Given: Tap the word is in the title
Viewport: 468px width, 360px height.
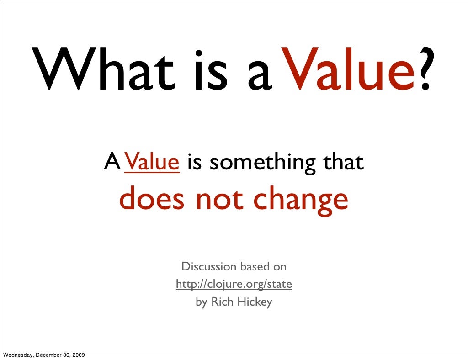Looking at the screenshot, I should coord(206,71).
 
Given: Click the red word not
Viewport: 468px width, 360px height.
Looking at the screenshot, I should coord(219,200).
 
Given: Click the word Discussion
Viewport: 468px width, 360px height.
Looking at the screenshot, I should coord(209,266).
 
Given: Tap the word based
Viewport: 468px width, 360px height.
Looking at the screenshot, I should coord(255,266).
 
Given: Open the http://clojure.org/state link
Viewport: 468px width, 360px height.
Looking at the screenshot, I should coord(234,284).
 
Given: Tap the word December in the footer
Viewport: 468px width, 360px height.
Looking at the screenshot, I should coord(50,355).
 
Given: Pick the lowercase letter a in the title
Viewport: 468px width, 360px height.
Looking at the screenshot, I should coord(261,75).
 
